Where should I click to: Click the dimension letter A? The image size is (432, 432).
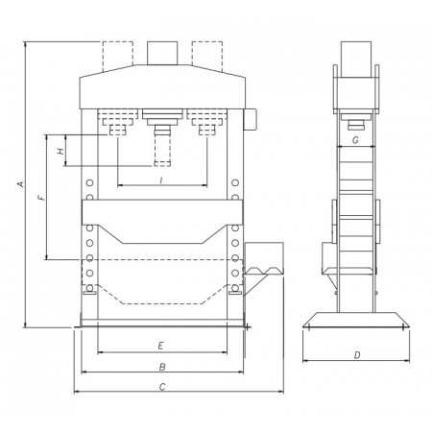tap(20, 184)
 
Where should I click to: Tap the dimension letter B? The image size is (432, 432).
tap(162, 367)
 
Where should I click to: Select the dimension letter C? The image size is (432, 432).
tap(162, 387)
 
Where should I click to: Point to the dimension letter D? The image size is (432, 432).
tap(357, 355)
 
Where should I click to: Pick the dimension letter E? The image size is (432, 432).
tap(161, 346)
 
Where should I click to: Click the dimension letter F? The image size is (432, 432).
tap(41, 198)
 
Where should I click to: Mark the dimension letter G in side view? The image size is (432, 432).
tap(355, 140)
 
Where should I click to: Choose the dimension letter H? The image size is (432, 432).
tap(60, 151)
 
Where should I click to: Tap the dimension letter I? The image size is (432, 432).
tap(161, 180)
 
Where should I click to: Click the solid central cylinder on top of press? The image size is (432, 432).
tap(162, 53)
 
